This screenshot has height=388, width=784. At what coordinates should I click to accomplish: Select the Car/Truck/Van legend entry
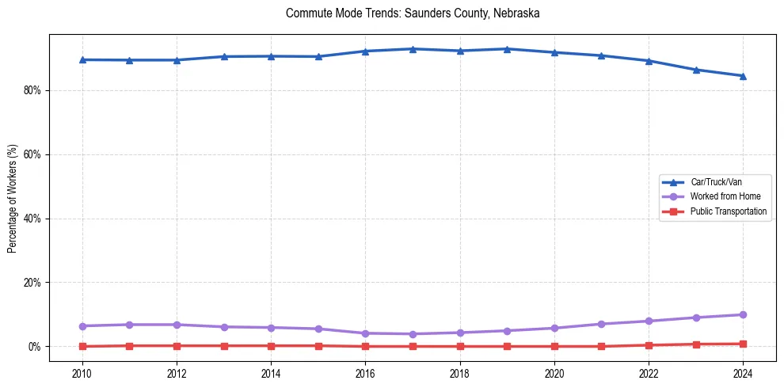click(x=716, y=182)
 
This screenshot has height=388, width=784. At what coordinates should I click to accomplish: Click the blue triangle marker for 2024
click(x=743, y=76)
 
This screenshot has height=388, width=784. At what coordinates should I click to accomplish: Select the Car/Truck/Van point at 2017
click(x=413, y=49)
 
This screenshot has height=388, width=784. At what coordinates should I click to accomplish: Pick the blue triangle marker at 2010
click(x=82, y=59)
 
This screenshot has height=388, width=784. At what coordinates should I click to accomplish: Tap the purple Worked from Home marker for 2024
click(x=743, y=314)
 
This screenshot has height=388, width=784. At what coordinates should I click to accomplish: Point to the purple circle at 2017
click(x=413, y=334)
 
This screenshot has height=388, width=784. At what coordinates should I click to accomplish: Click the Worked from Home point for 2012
click(x=177, y=325)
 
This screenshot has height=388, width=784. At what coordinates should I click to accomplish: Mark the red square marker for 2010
click(x=82, y=346)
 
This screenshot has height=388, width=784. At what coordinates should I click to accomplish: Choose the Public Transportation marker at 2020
click(x=554, y=346)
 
